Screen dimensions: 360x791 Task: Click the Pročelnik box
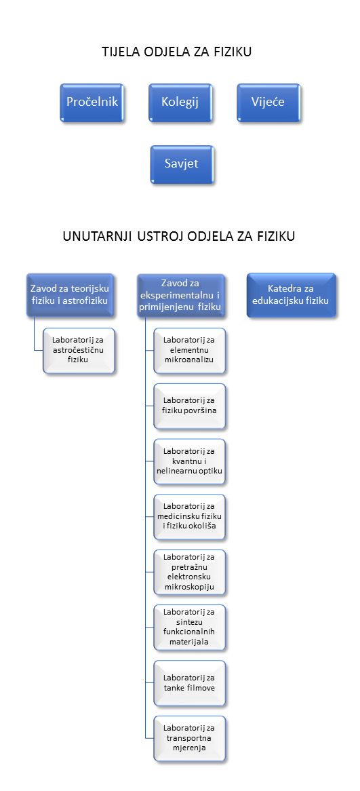92,102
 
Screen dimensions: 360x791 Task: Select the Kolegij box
180,102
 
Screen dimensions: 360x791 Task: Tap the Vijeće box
268,102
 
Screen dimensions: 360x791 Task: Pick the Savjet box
182,164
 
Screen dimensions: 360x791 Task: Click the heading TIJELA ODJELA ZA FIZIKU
176,52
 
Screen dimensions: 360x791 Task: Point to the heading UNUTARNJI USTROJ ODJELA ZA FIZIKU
179,237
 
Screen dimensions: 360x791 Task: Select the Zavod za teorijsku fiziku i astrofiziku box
70,296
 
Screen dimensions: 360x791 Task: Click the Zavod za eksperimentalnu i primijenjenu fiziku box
180,296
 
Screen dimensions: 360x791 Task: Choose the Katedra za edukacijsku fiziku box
291,296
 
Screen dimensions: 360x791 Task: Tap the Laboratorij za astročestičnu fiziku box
79,351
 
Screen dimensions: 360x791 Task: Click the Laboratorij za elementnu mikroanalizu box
189,351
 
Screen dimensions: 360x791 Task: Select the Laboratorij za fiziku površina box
189,406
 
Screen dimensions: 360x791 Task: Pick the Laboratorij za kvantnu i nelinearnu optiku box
189,461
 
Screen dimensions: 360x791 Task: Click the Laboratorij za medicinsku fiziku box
189,516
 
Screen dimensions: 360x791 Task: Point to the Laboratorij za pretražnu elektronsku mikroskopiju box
189,572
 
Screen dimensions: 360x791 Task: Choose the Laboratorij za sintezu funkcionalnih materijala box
189,627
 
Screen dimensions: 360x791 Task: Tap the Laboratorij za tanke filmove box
189,682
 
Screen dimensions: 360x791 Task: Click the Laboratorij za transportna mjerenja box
189,737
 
